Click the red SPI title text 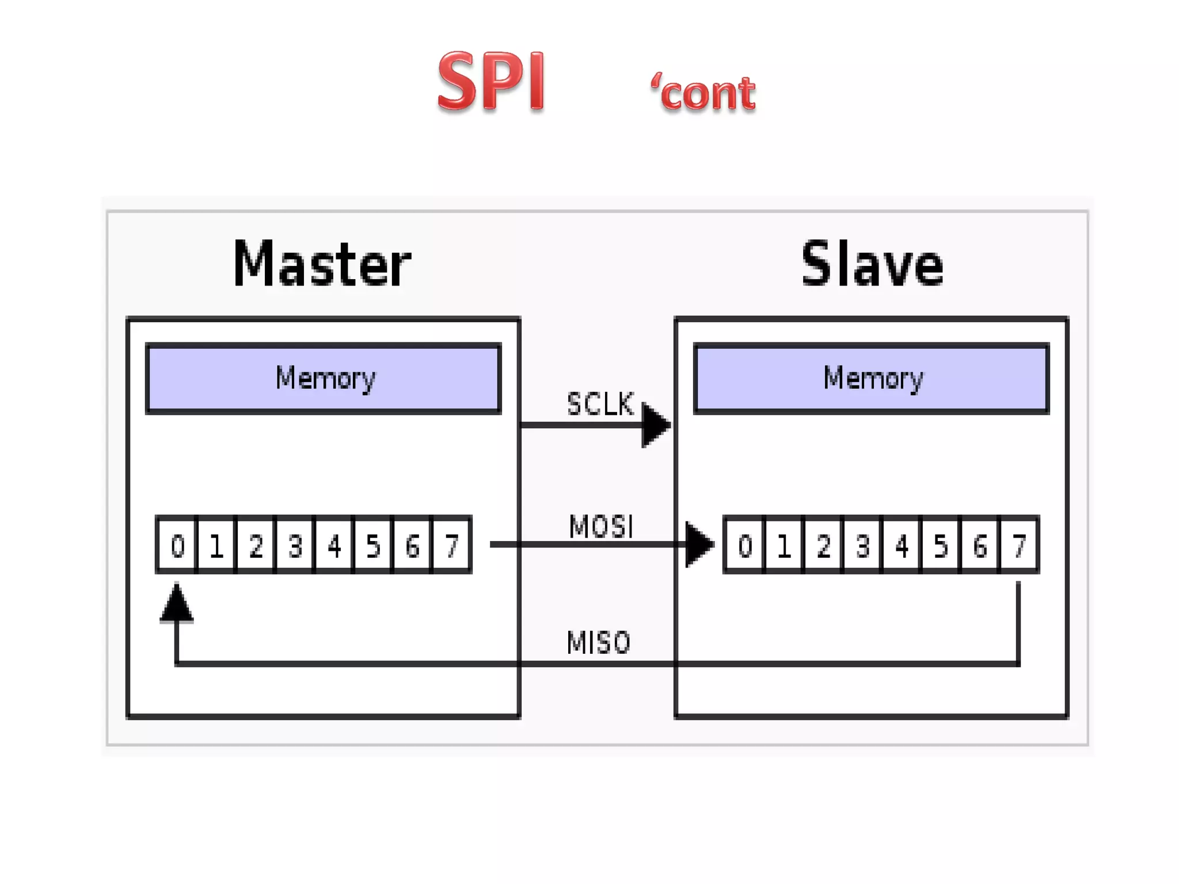point(490,81)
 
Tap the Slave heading point(872,264)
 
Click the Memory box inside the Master point(324,378)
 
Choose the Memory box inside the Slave point(872,378)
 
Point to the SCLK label point(600,404)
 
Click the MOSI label point(601,527)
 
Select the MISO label point(599,642)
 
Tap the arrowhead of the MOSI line point(699,544)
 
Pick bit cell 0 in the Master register point(177,545)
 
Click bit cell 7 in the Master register point(452,545)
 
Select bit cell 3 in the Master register point(295,545)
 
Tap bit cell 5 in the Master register point(373,545)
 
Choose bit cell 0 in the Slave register point(745,545)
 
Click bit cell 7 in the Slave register point(1020,545)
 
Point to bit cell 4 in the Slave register point(902,545)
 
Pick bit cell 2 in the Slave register point(823,545)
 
